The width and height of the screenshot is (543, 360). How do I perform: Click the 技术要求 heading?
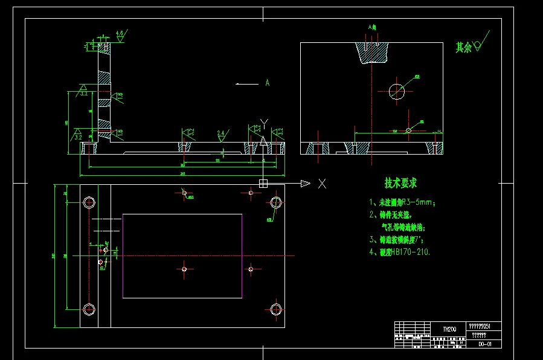(x=400, y=183)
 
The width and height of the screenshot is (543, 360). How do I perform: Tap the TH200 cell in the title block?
(x=449, y=329)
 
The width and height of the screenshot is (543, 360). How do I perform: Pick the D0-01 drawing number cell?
(x=484, y=344)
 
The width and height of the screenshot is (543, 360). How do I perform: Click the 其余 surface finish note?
(x=464, y=47)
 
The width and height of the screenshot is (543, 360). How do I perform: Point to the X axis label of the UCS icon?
(x=323, y=184)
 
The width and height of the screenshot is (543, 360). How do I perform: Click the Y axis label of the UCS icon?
(x=263, y=124)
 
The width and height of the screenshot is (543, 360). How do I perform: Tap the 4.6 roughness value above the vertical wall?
(x=120, y=33)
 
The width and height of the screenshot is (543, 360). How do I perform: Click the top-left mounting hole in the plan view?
(x=89, y=202)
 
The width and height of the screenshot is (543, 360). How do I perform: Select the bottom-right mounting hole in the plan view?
(x=276, y=309)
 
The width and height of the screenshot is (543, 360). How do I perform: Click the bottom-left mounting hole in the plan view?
(x=89, y=309)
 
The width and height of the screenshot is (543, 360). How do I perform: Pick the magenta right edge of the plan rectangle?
(x=242, y=256)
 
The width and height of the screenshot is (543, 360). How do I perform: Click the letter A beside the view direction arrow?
(x=266, y=83)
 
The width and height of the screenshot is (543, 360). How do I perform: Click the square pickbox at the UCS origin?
(x=263, y=183)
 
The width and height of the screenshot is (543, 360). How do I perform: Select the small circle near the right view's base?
(x=409, y=130)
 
